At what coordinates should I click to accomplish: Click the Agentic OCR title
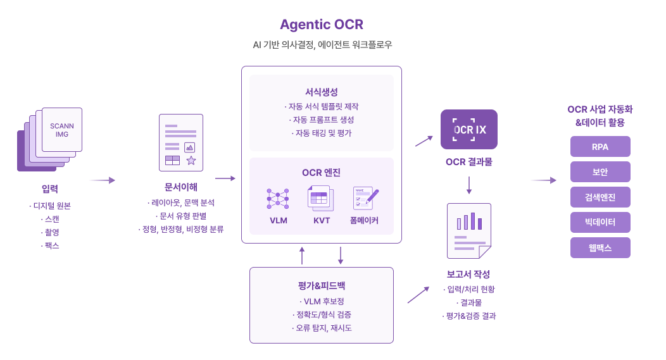click(322, 25)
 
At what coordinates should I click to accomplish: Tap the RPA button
click(600, 147)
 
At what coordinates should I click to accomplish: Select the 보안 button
click(600, 171)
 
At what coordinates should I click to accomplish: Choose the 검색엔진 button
click(600, 197)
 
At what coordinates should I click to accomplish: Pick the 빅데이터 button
click(600, 222)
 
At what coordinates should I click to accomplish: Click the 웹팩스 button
click(600, 247)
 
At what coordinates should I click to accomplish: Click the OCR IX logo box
click(469, 130)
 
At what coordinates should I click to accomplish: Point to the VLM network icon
click(278, 199)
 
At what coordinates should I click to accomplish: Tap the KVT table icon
click(321, 198)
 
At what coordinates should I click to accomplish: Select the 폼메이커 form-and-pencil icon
click(365, 199)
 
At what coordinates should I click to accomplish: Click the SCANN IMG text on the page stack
click(62, 130)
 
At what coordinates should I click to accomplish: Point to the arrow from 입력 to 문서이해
click(101, 180)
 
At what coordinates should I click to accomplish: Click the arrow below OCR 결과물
click(469, 185)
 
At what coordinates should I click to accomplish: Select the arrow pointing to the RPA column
click(543, 180)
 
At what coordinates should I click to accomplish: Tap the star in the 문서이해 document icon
click(191, 160)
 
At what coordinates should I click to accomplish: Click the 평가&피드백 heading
click(322, 285)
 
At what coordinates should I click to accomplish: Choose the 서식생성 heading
click(322, 92)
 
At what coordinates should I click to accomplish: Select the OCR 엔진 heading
click(322, 172)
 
